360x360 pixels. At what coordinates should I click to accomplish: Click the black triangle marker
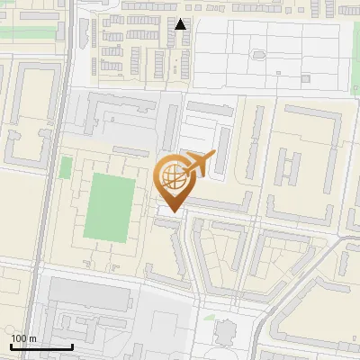[181, 24]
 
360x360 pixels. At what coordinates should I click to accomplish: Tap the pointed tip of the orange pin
[171, 211]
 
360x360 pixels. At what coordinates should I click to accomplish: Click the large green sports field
[109, 208]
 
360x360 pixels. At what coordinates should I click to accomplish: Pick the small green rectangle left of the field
[66, 167]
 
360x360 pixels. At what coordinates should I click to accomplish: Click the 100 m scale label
[23, 338]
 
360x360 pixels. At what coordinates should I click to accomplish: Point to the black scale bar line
[41, 347]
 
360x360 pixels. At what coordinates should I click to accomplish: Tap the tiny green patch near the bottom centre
[208, 317]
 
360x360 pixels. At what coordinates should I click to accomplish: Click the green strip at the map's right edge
[357, 144]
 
